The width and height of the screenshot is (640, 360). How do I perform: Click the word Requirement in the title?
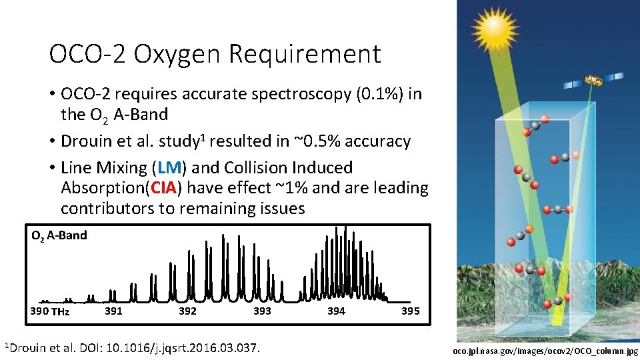(305, 53)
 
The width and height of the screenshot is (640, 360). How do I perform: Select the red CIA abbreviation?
(165, 188)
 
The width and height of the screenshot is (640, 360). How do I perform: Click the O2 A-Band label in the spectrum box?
(59, 235)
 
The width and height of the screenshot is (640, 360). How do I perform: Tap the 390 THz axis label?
(50, 311)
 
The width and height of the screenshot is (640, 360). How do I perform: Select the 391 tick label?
(114, 311)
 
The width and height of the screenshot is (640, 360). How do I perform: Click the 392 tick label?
(188, 311)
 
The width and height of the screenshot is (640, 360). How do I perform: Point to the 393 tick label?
(262, 311)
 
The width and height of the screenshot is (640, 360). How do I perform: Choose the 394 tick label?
(336, 311)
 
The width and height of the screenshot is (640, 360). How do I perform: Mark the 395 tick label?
(410, 311)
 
